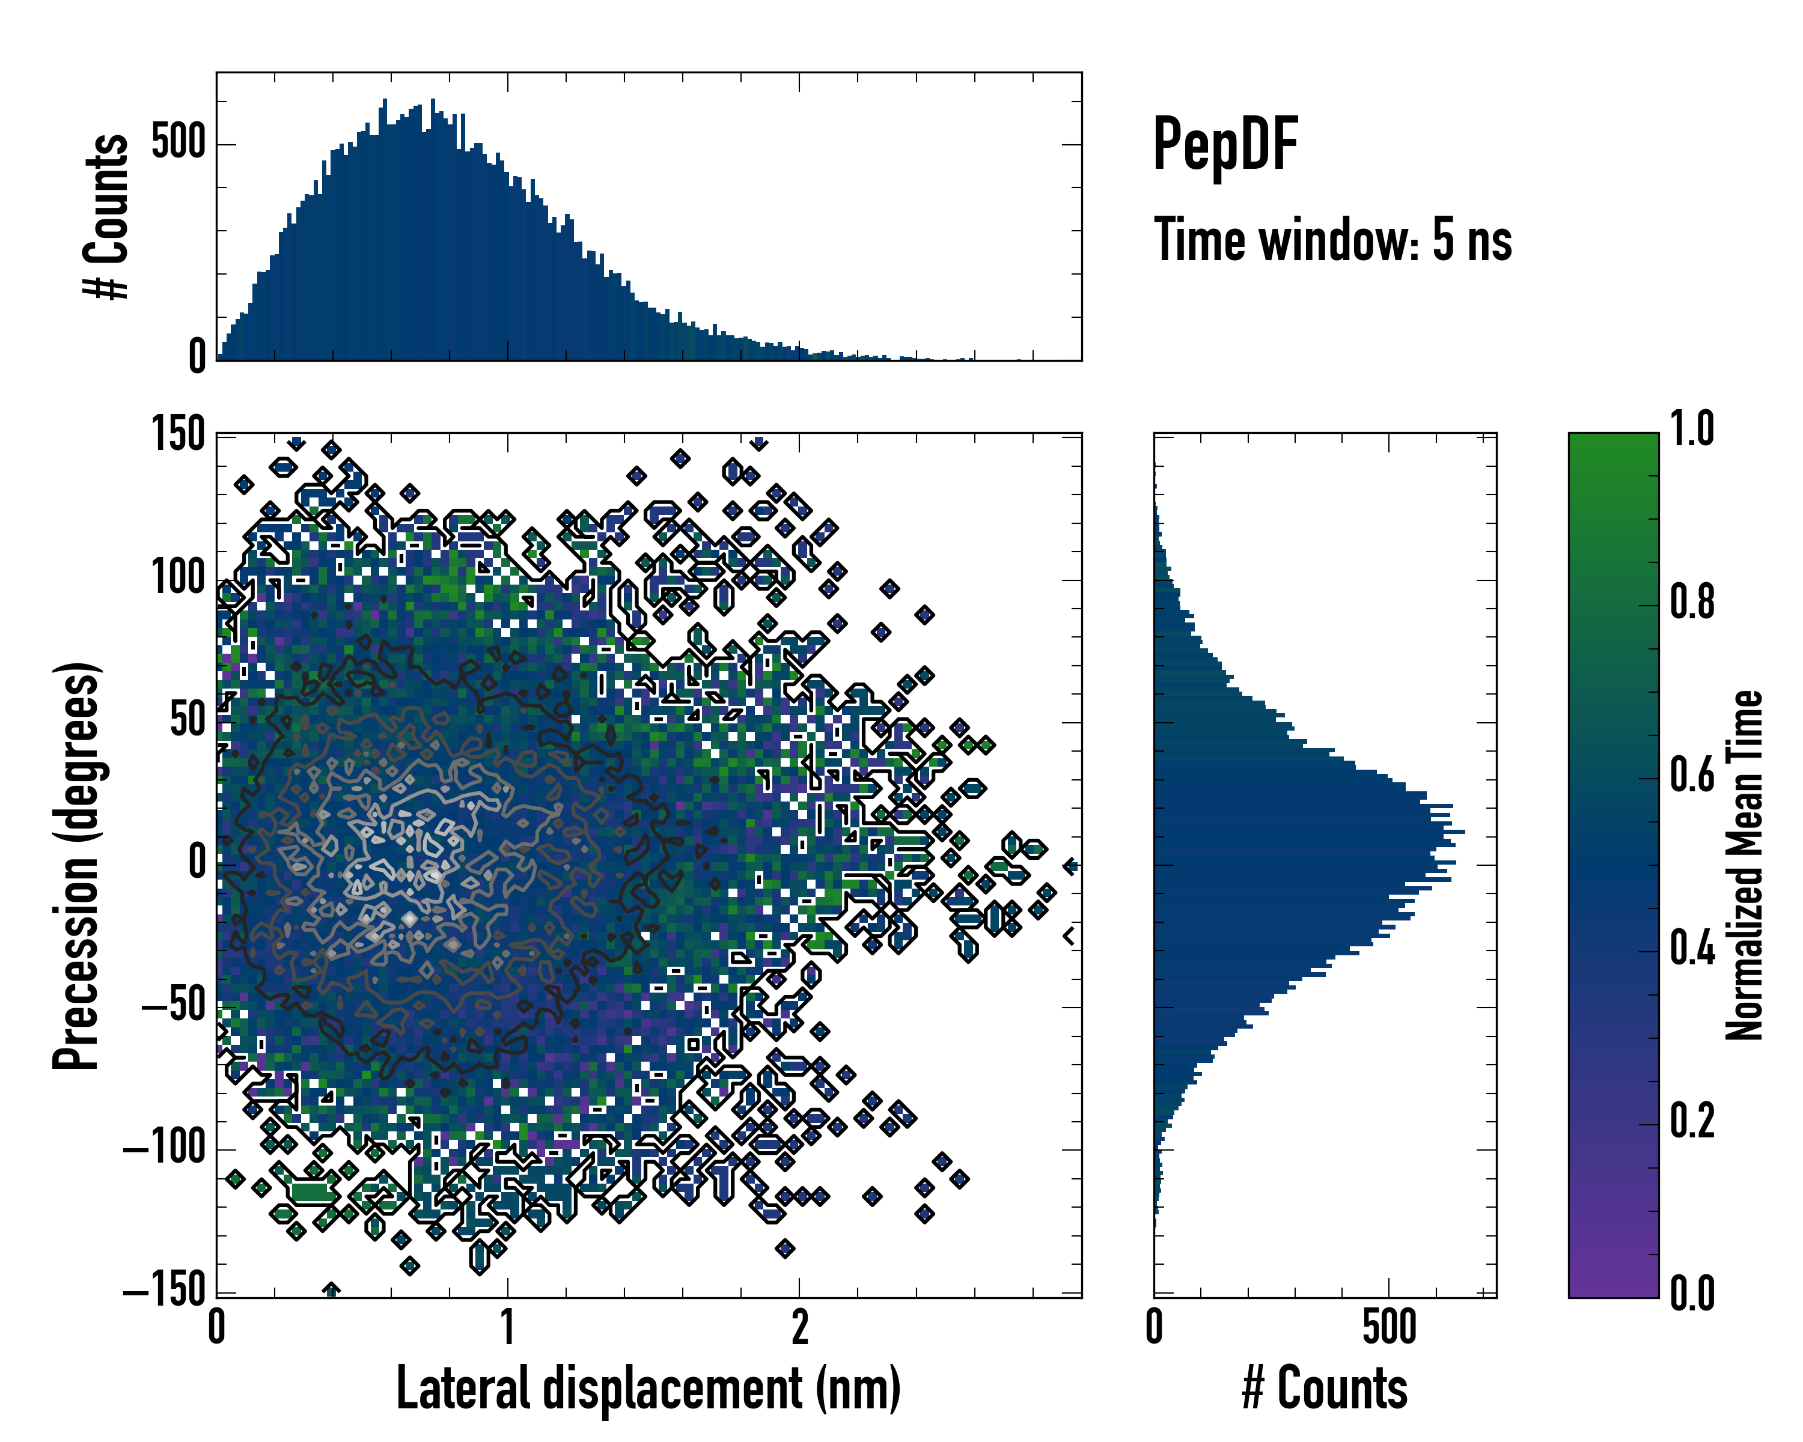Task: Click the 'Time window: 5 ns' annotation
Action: tap(1333, 240)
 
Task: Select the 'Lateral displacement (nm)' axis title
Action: tap(648, 1389)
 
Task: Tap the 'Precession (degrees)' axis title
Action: tap(76, 865)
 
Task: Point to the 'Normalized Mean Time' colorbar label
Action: tap(1744, 865)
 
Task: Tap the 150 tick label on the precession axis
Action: tap(178, 434)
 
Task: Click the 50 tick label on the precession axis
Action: tap(188, 720)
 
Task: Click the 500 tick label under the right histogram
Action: tap(1389, 1327)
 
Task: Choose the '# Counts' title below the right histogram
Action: tap(1325, 1389)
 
